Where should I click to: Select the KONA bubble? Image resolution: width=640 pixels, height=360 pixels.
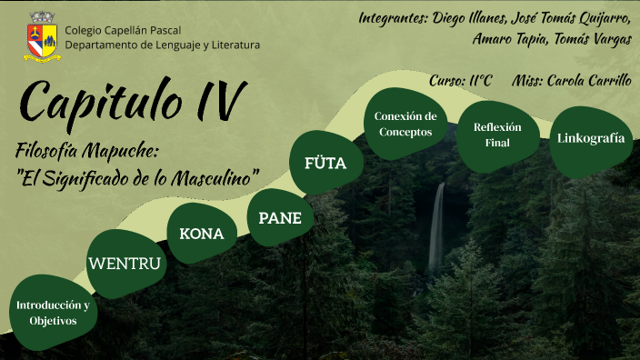click(201, 234)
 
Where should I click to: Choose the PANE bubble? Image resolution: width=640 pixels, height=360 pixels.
click(280, 217)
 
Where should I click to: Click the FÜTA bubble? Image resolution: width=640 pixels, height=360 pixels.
click(325, 164)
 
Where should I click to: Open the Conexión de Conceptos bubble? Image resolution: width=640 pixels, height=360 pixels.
click(405, 124)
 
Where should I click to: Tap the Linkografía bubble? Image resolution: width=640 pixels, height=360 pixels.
click(591, 139)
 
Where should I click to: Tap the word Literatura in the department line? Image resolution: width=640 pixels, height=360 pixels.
click(231, 45)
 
